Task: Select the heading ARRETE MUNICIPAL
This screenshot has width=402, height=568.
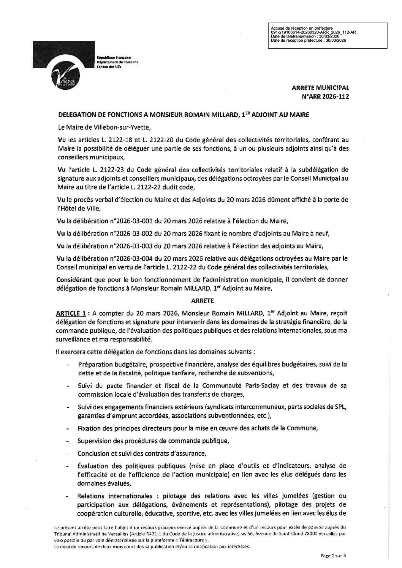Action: (320, 88)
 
